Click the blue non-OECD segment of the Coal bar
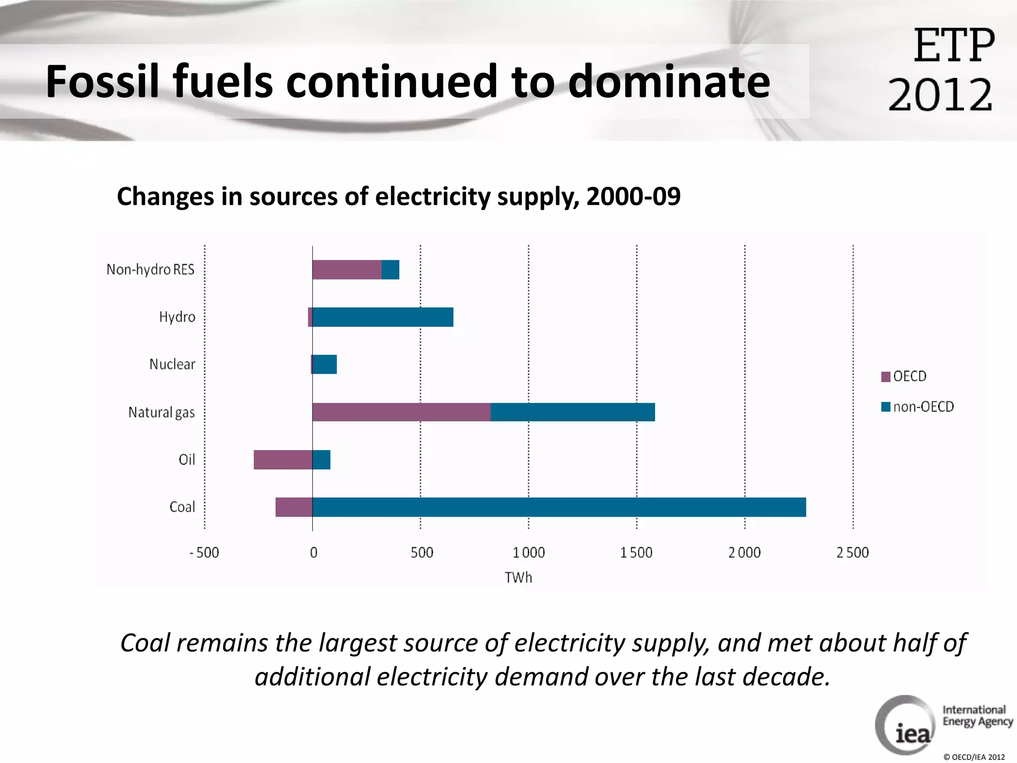click(x=559, y=507)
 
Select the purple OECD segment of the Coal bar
click(x=294, y=507)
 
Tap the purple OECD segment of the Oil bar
click(x=283, y=459)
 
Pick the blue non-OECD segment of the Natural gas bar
click(x=573, y=412)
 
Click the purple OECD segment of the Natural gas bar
click(x=401, y=412)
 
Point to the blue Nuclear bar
click(x=325, y=364)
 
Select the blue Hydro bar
click(x=383, y=317)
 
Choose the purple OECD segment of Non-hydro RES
click(x=347, y=269)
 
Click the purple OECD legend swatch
click(x=885, y=377)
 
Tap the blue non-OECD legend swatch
click(x=885, y=407)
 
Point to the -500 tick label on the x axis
click(x=204, y=552)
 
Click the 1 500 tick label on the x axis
click(x=636, y=552)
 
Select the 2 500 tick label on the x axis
click(x=853, y=552)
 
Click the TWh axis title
click(x=518, y=577)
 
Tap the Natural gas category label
click(x=161, y=412)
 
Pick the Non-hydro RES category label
click(x=150, y=269)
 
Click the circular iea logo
click(x=905, y=725)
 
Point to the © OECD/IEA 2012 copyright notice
click(x=974, y=757)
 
